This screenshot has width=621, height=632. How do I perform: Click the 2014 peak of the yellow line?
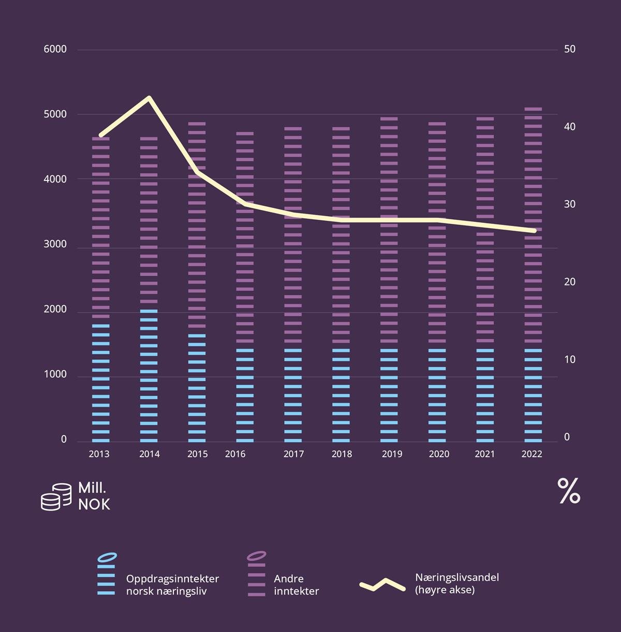pos(149,98)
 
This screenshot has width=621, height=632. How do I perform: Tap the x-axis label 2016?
pos(235,454)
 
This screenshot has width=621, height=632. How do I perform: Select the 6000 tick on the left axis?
pos(55,50)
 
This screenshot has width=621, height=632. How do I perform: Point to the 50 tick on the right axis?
pos(570,50)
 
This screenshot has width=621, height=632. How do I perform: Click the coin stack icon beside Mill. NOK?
pos(56,497)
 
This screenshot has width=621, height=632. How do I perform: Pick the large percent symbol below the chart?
pos(569,491)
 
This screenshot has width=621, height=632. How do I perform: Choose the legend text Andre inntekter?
pos(296,585)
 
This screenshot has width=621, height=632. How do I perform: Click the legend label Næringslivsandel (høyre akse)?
pos(457,583)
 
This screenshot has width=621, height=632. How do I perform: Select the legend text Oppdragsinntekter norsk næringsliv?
pos(172,585)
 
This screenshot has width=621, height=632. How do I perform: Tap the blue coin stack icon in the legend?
pos(107,575)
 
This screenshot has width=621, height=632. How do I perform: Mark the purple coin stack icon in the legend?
pos(257,575)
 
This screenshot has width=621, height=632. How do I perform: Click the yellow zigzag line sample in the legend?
pos(382,585)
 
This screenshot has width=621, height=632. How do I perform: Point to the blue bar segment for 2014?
pos(149,375)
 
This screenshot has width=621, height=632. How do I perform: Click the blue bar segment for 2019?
pos(389,396)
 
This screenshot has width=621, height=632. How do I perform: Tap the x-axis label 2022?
pos(532,454)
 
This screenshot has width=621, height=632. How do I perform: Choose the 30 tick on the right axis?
pos(570,205)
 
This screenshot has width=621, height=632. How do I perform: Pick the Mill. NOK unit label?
pos(94,496)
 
